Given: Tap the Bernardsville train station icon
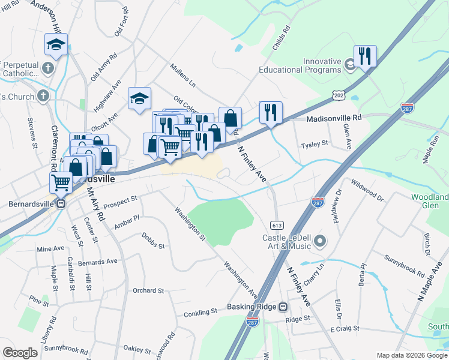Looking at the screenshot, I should click(62, 203).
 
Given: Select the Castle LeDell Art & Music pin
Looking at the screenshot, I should click(320, 242).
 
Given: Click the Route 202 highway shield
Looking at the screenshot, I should click(339, 95).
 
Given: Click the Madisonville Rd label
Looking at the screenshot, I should click(334, 118).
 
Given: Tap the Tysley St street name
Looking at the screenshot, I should click(315, 143).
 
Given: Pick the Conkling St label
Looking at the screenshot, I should click(200, 312).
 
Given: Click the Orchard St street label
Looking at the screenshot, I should click(148, 290).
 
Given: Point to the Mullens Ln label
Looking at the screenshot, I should click(183, 74).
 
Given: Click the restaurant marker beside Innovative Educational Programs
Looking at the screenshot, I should click(365, 56).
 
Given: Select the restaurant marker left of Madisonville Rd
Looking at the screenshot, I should click(271, 112).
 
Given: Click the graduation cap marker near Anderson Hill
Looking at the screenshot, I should click(56, 44).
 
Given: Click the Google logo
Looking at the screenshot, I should click(20, 353).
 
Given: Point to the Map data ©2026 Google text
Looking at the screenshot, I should click(411, 355).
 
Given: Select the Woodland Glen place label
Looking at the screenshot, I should click(430, 202).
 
